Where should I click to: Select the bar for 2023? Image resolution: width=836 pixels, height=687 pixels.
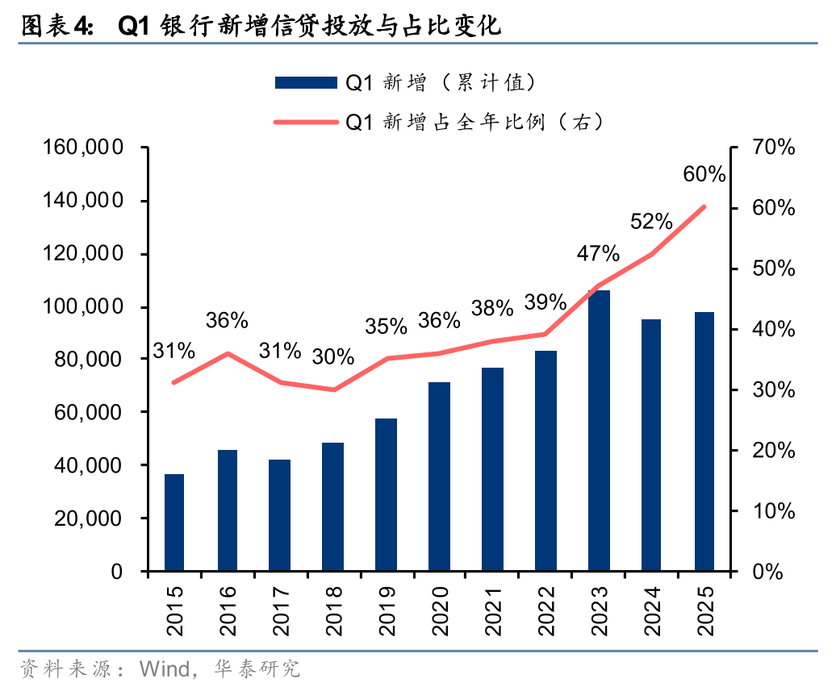click(x=599, y=431)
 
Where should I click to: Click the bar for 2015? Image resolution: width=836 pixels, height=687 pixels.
click(x=174, y=523)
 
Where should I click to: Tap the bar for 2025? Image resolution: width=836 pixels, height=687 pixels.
click(x=704, y=441)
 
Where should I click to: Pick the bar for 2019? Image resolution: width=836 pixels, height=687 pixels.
click(x=387, y=494)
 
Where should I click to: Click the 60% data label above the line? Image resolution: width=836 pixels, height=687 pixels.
click(x=704, y=175)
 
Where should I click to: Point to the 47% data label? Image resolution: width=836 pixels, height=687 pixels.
click(x=598, y=254)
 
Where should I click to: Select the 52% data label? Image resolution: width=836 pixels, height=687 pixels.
click(x=651, y=221)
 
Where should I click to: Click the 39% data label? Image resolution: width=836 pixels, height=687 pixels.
click(x=545, y=302)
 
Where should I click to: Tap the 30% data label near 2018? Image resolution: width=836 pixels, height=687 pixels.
click(x=332, y=356)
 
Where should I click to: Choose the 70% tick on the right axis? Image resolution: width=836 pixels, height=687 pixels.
click(x=773, y=148)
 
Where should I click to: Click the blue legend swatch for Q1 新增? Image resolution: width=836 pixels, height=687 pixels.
click(x=305, y=82)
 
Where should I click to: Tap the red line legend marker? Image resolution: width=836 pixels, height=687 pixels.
click(x=305, y=123)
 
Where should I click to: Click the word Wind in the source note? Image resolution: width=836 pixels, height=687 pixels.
click(x=165, y=668)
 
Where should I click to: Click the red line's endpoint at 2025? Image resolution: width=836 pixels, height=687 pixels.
click(x=704, y=206)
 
